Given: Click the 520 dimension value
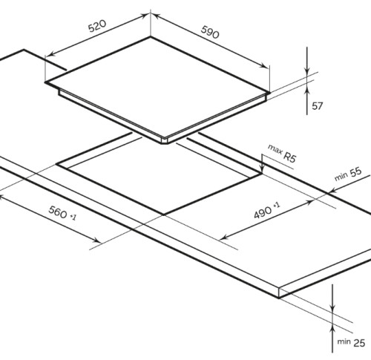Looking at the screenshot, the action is [97, 26].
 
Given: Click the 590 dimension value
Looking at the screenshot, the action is [210, 32].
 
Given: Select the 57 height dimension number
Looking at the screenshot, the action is [317, 106].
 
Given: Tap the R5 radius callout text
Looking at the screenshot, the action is [289, 157].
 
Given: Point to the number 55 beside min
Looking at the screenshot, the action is [356, 172].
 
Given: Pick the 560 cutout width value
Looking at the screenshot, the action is [58, 212].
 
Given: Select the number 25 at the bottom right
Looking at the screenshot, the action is [359, 343].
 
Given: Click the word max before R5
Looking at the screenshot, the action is [275, 149].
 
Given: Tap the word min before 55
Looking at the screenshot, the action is [341, 177].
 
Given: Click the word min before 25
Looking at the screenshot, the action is [344, 341].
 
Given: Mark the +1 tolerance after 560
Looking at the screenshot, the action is [73, 217].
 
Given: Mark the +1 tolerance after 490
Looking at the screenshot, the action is [277, 205].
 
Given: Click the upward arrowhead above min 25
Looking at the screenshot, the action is [332, 327].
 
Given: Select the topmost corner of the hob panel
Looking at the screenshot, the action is [151, 37].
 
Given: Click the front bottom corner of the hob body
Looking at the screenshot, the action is [162, 143].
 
